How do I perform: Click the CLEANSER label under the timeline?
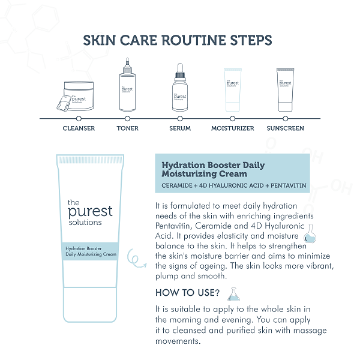click(x=79, y=128)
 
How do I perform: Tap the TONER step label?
click(x=127, y=128)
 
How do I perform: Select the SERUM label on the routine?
click(x=180, y=128)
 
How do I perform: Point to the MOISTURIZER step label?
click(x=233, y=128)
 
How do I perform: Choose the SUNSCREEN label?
click(x=286, y=128)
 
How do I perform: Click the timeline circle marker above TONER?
click(x=127, y=118)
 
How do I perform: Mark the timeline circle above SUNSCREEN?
click(x=286, y=118)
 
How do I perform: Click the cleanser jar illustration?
click(x=76, y=96)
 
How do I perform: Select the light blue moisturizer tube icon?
click(x=233, y=90)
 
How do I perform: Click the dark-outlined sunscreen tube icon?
click(x=286, y=90)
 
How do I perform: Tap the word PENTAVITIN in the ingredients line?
click(x=289, y=185)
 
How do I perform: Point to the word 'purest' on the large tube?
click(x=90, y=212)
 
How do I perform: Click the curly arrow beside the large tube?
click(x=137, y=258)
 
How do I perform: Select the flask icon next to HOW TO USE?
click(x=233, y=294)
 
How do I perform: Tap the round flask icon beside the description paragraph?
click(x=310, y=234)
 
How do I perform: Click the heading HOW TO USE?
click(x=187, y=293)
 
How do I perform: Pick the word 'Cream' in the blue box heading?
click(x=233, y=174)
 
